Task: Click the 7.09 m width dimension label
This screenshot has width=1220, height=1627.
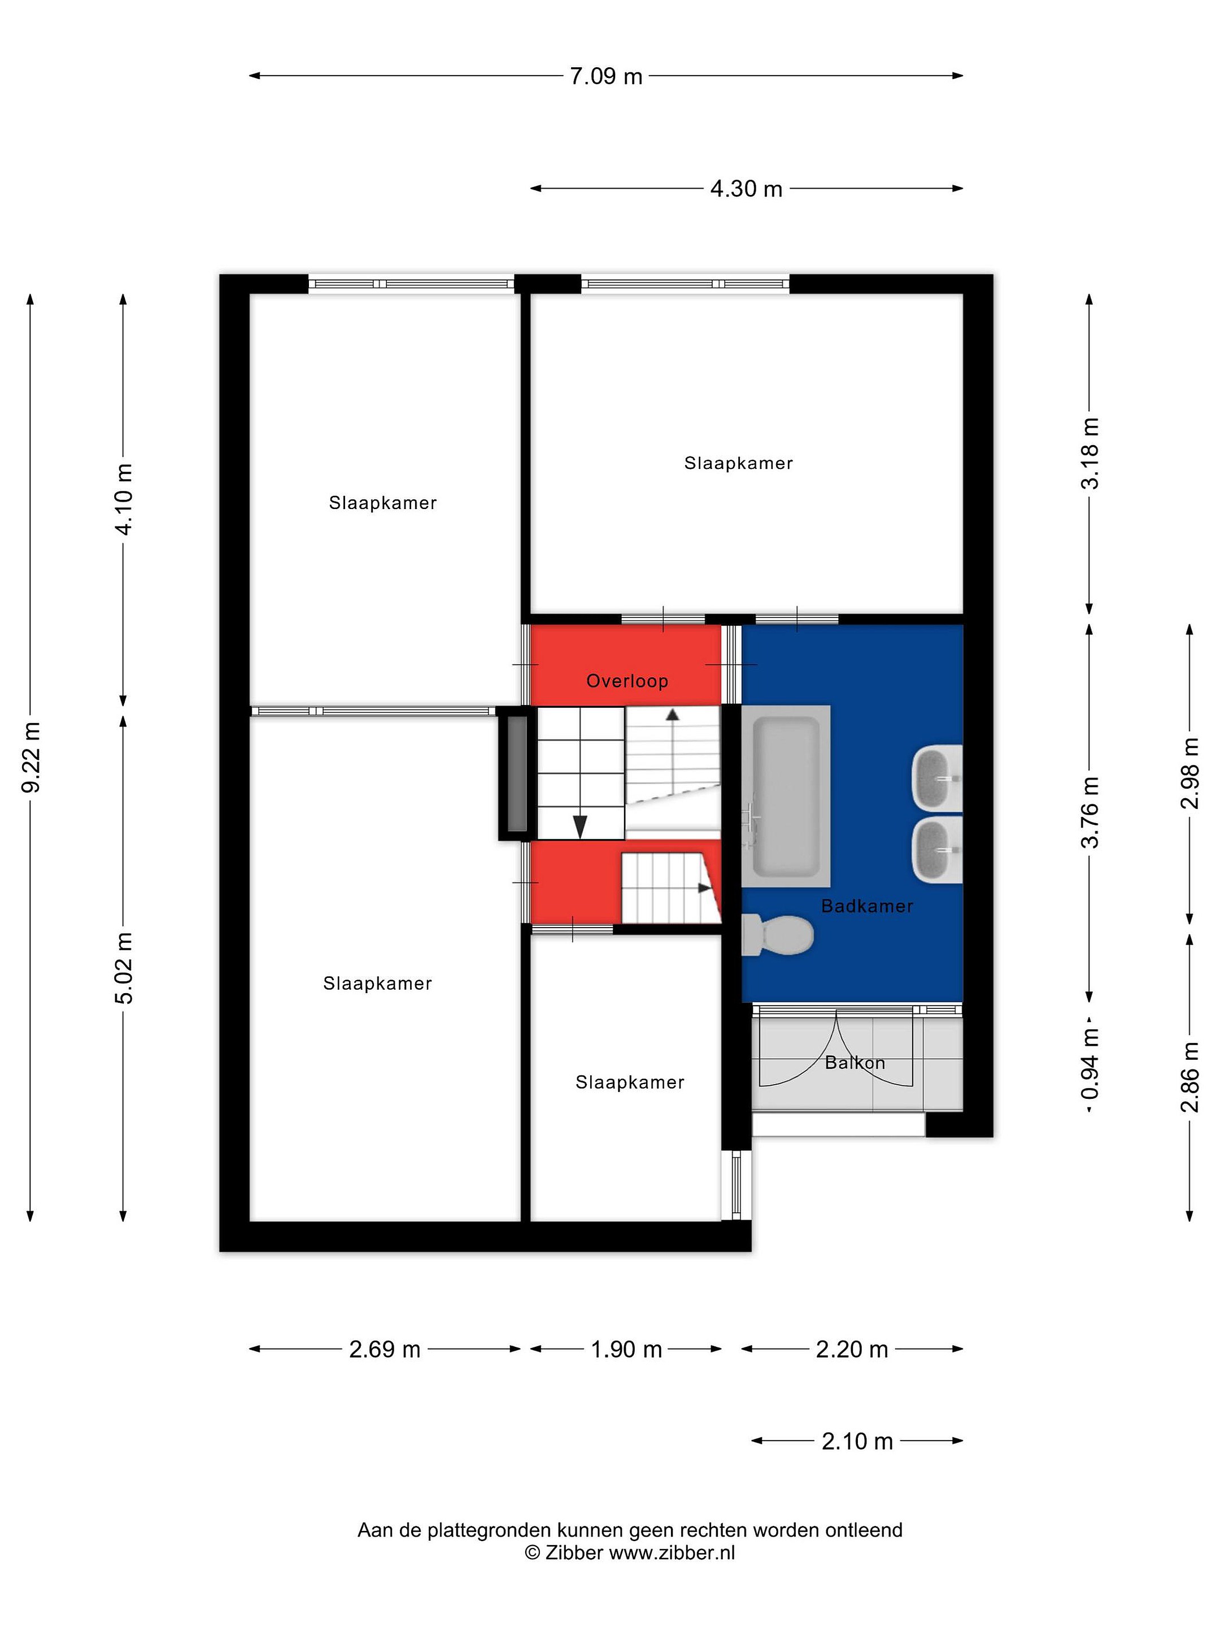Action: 606,76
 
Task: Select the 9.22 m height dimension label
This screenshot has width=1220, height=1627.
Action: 31,757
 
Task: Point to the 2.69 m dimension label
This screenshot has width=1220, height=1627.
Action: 385,1349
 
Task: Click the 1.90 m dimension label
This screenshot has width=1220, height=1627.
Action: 626,1349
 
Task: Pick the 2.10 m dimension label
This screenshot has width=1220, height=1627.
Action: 857,1441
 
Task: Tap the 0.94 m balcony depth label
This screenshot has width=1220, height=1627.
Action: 1091,1063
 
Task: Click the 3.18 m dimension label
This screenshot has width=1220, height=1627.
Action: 1091,453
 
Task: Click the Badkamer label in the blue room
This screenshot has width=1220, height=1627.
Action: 867,906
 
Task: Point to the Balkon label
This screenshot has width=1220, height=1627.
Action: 855,1062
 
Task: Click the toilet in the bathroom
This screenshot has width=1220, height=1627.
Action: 777,935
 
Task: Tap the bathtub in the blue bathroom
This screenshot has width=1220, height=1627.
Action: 786,796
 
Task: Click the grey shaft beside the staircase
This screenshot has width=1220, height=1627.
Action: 517,773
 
